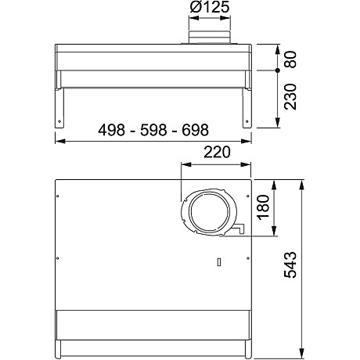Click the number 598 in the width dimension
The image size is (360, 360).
pos(153,131)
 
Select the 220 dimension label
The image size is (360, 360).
pos(216,153)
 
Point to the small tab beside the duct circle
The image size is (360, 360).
pos(239,229)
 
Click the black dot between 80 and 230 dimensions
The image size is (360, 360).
pos(279,70)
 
